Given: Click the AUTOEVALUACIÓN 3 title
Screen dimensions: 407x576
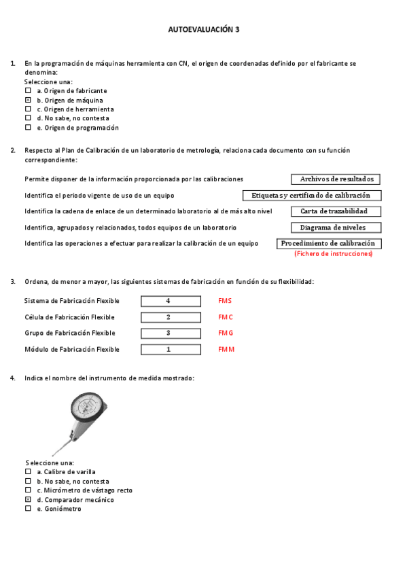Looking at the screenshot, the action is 203,30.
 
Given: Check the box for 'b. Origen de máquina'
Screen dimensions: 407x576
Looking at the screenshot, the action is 28,100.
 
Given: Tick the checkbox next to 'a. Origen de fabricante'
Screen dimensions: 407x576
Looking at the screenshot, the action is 28,90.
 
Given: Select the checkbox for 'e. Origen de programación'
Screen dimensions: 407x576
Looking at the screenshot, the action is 28,127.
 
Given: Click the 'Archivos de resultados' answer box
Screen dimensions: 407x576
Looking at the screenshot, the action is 336,179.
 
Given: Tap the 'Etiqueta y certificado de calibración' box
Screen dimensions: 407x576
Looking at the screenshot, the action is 312,196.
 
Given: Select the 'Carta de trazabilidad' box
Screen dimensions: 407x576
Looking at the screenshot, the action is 336,211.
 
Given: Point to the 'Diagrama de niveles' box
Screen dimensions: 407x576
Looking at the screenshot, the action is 336,228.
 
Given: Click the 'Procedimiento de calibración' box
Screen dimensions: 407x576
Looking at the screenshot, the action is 329,243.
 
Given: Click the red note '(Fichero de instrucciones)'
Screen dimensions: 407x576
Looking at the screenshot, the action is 333,253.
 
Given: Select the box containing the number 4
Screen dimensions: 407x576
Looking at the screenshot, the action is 171,301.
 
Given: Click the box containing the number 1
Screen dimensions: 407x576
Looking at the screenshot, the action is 171,350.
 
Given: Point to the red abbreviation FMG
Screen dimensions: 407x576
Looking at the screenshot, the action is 226,334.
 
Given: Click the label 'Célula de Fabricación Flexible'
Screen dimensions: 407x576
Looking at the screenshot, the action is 69,317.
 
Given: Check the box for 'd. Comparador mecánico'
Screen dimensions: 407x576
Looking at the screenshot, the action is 28,499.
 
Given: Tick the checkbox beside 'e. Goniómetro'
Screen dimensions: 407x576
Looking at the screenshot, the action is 28,508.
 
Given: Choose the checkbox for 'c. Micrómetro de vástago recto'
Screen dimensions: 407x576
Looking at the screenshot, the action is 28,490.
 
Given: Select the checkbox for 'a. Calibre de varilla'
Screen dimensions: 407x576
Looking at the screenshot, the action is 28,471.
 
